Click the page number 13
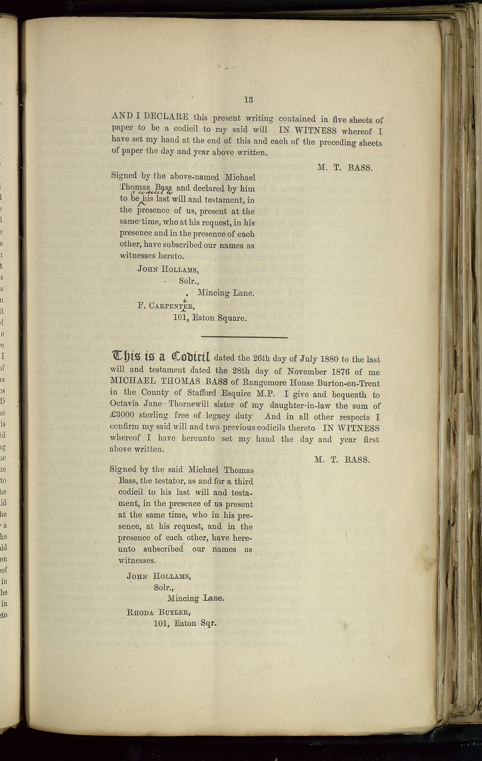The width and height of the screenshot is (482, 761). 248,100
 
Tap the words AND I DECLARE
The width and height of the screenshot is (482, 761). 150,116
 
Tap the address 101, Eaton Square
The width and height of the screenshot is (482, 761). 210,318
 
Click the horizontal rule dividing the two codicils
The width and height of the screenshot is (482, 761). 244,338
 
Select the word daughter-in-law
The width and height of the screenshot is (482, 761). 313,405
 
